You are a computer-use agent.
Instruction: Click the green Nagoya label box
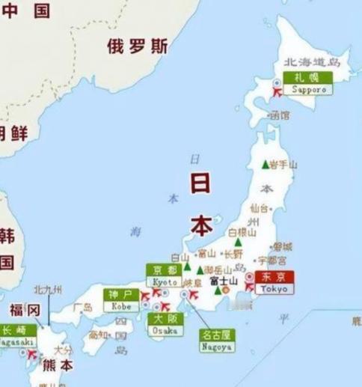[216, 341]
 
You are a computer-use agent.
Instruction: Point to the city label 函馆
[280, 116]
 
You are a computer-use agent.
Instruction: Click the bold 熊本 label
[58, 366]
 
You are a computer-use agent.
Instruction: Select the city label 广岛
[83, 307]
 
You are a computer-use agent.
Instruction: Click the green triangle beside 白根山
[237, 242]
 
